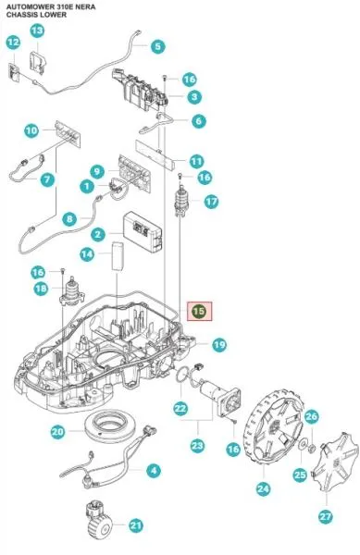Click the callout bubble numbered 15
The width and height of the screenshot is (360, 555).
(x=200, y=312)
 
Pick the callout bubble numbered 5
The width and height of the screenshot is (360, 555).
(x=157, y=46)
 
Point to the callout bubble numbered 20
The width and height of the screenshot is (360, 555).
(x=57, y=431)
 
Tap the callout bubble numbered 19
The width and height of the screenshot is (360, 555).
(x=218, y=345)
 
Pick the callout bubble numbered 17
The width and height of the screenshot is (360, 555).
(x=212, y=201)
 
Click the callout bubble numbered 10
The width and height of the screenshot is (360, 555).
(x=31, y=130)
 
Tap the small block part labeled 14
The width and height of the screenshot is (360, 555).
(x=118, y=255)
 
